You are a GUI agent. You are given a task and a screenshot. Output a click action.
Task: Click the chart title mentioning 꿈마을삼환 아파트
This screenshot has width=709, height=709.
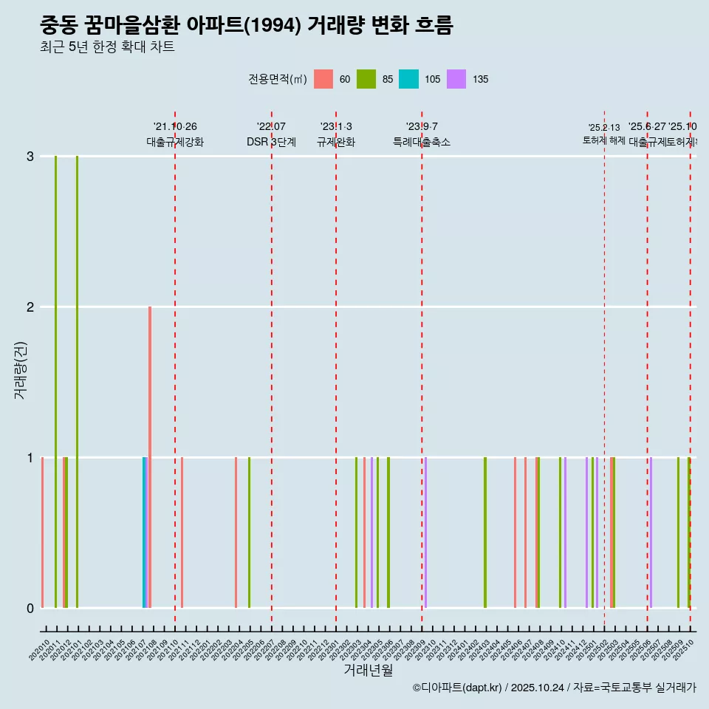click(246, 26)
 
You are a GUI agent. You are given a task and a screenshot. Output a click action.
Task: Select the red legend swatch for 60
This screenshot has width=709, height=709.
click(323, 79)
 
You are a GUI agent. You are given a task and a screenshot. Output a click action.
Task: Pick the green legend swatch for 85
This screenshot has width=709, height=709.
click(366, 79)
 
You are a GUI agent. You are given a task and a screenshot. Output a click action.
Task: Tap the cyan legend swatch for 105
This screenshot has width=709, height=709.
click(408, 79)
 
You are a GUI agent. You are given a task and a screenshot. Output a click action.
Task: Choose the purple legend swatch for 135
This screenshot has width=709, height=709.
click(456, 79)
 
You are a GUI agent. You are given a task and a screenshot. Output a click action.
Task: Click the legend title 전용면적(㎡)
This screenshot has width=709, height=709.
click(278, 79)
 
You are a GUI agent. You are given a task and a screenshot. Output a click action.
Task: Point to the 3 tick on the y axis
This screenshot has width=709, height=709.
click(30, 157)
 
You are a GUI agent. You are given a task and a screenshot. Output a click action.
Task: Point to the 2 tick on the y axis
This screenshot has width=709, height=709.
click(30, 307)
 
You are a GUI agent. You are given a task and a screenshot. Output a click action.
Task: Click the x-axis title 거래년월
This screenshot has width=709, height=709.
click(368, 670)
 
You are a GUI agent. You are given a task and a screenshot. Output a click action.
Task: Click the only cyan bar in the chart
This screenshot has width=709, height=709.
click(144, 532)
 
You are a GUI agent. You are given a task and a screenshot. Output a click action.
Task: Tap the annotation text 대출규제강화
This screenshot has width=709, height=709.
click(175, 142)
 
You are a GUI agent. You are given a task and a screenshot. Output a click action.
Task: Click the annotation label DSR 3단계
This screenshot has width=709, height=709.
click(271, 142)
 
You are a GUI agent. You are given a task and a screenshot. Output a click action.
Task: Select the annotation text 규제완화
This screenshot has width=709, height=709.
click(336, 142)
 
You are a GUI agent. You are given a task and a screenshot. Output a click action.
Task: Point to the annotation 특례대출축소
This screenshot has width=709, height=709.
click(421, 142)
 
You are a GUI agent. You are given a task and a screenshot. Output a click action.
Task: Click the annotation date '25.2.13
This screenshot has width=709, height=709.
click(604, 128)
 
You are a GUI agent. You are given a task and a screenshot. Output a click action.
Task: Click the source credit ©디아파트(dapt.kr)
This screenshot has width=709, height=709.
click(458, 688)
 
